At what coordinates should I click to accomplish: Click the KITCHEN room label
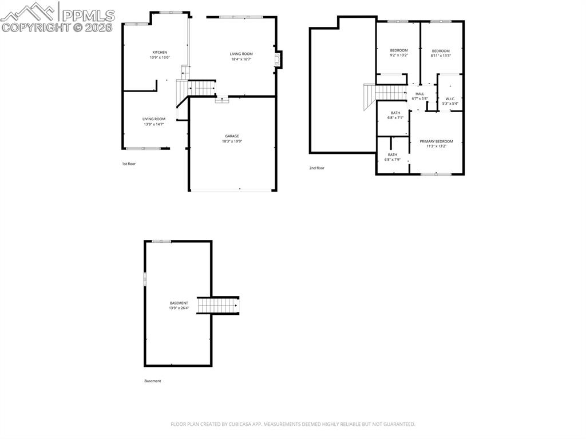click(160, 52)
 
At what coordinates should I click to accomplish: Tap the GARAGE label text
click(232, 136)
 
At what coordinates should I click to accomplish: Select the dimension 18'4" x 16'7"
click(241, 59)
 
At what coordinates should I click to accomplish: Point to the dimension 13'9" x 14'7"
click(154, 124)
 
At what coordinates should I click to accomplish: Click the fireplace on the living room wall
click(279, 60)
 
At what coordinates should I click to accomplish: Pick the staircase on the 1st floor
click(201, 89)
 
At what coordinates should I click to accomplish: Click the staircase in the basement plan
click(218, 306)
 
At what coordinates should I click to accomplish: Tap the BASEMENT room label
click(179, 303)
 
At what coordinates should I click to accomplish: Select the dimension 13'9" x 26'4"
click(179, 308)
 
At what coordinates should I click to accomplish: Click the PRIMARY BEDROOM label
click(436, 141)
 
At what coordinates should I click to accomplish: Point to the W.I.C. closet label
click(450, 98)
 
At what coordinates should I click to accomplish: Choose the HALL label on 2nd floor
click(419, 94)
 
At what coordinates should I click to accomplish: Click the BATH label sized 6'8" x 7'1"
click(395, 113)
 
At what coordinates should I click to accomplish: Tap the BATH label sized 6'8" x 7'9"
click(393, 155)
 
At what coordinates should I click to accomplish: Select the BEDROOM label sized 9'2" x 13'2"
click(399, 50)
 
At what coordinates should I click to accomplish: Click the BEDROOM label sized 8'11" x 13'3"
click(441, 50)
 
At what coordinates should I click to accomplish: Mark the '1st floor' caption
click(128, 164)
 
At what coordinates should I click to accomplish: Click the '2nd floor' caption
click(316, 168)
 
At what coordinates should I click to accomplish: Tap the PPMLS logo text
click(87, 15)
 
